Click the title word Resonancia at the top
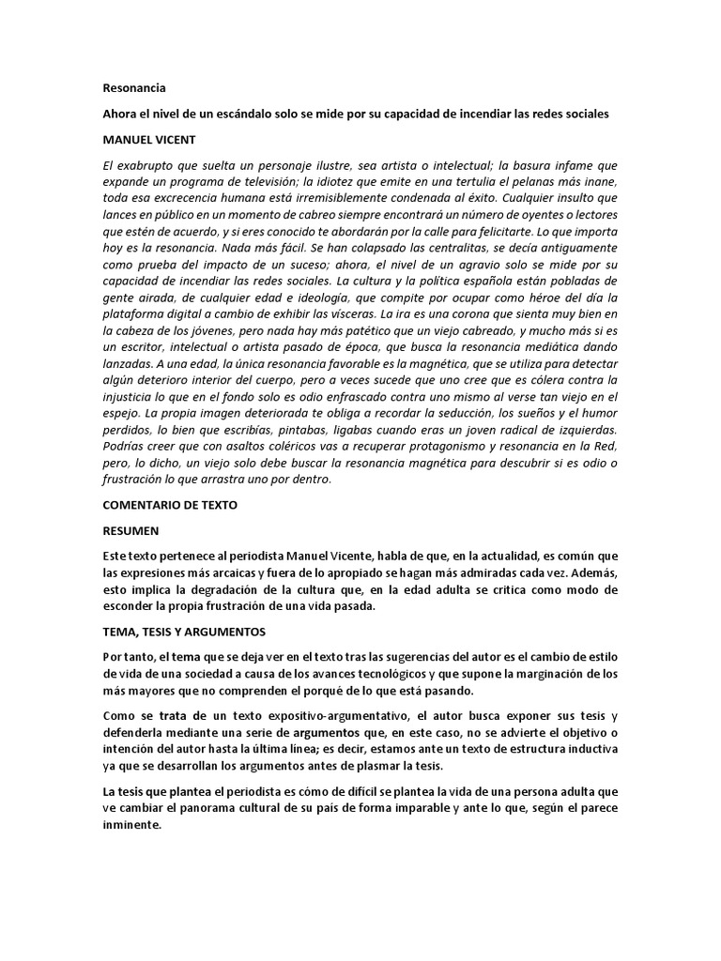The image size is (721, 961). click(134, 89)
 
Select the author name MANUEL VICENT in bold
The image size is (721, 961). click(149, 139)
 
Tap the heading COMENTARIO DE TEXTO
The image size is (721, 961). click(170, 504)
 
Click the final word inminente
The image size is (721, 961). click(133, 827)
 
